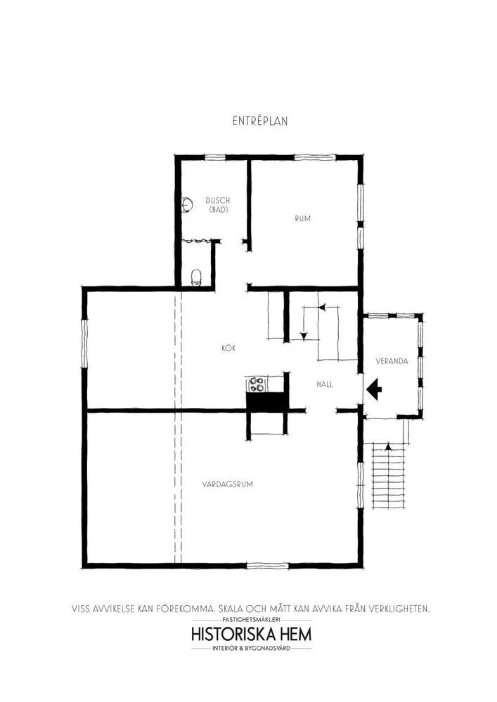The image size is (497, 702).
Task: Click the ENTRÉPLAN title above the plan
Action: tap(260, 121)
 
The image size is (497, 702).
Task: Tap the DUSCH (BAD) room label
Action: tap(218, 205)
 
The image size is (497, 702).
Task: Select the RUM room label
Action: tap(302, 218)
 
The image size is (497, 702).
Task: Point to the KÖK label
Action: tap(228, 348)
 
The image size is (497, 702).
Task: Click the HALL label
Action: tap(325, 384)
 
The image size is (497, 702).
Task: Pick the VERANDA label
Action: tap(392, 361)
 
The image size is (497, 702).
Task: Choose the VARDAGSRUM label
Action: tap(227, 484)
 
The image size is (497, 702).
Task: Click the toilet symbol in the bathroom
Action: tap(196, 277)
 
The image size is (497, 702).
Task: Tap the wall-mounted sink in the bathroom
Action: tap(187, 205)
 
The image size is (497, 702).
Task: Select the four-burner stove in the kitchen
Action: tap(257, 384)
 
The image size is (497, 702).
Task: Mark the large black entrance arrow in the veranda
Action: tap(374, 389)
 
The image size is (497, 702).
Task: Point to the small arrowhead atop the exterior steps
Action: tap(389, 446)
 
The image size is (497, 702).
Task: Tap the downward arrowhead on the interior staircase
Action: tap(304, 336)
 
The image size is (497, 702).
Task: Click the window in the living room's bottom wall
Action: tap(268, 566)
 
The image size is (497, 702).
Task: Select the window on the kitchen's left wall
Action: tap(84, 343)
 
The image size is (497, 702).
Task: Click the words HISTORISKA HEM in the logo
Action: tap(252, 635)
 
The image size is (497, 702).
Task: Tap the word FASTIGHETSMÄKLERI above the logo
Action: tap(251, 620)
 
